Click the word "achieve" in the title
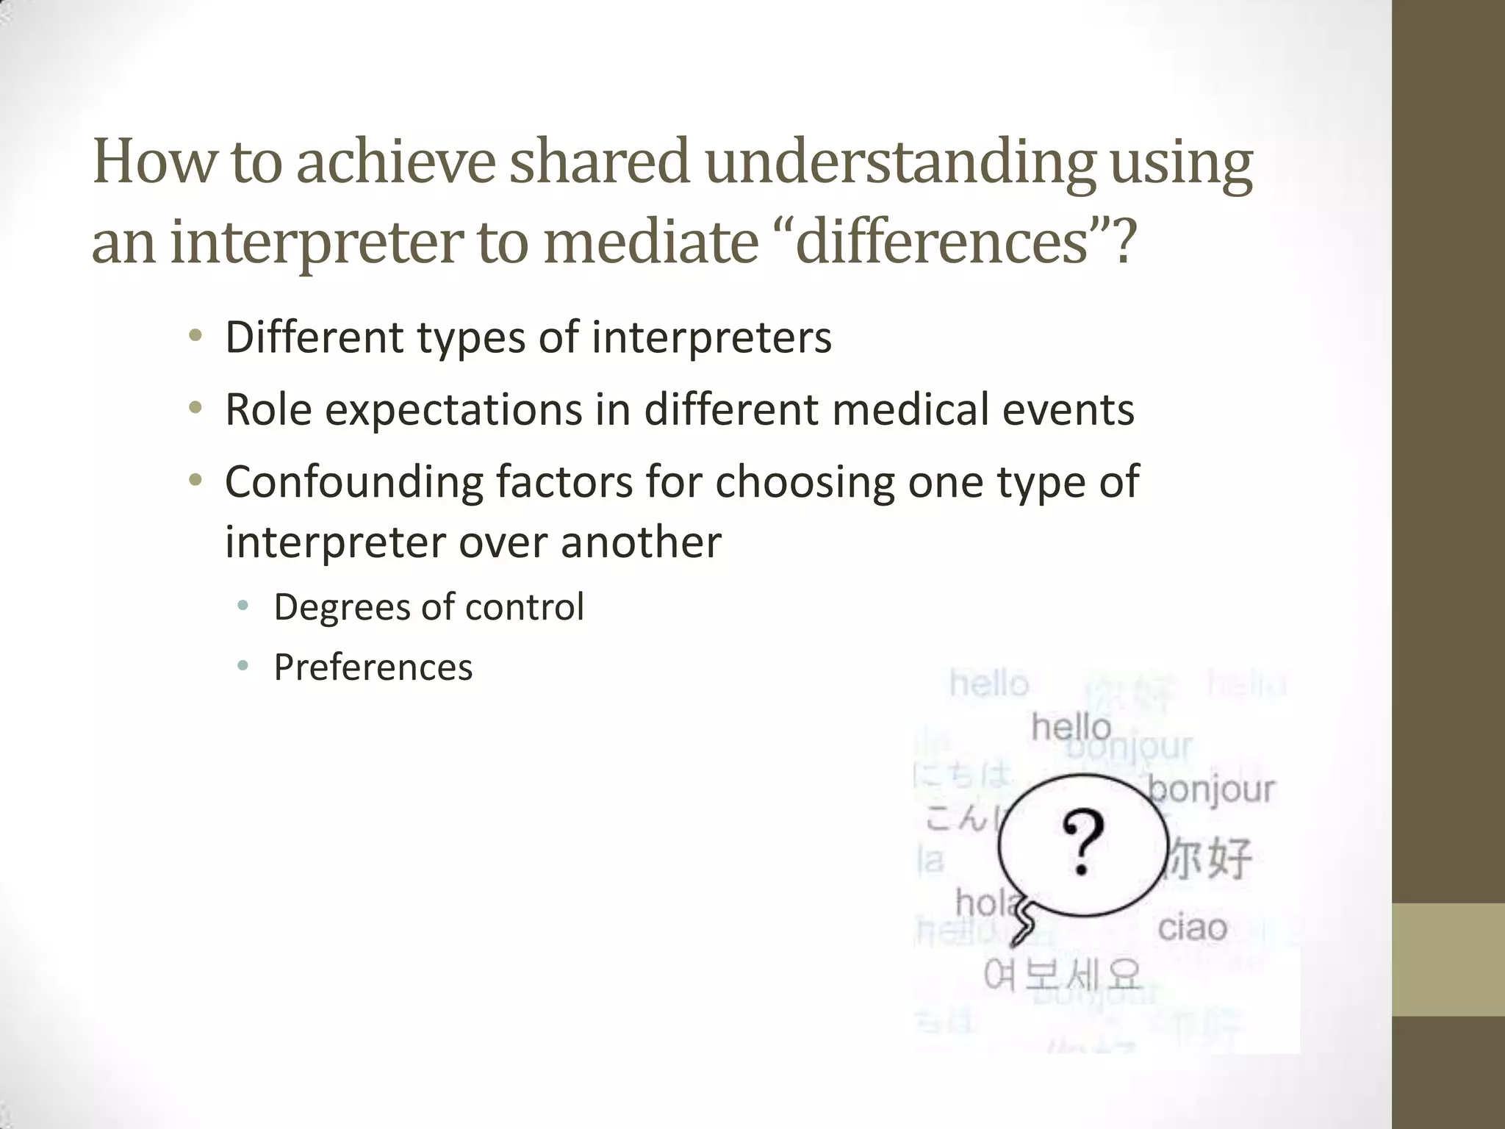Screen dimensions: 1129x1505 pyautogui.click(x=395, y=162)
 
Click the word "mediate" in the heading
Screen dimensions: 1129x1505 pyautogui.click(x=650, y=243)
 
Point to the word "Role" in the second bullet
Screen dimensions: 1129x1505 pyautogui.click(x=268, y=409)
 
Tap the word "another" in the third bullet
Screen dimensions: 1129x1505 pyautogui.click(x=640, y=542)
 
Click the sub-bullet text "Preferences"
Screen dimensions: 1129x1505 pyautogui.click(x=373, y=667)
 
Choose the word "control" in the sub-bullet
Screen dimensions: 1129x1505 pyautogui.click(x=524, y=607)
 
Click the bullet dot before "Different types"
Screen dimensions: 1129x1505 pyautogui.click(x=195, y=337)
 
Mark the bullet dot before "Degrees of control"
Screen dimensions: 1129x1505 pyautogui.click(x=243, y=606)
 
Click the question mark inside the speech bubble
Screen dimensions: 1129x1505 pyautogui.click(x=1083, y=842)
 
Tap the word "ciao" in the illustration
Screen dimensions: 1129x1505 pyautogui.click(x=1192, y=928)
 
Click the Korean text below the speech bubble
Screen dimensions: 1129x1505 pyautogui.click(x=1062, y=975)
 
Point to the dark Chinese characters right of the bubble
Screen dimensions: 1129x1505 pyautogui.click(x=1209, y=857)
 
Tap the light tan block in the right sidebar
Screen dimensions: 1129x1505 pyautogui.click(x=1448, y=959)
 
